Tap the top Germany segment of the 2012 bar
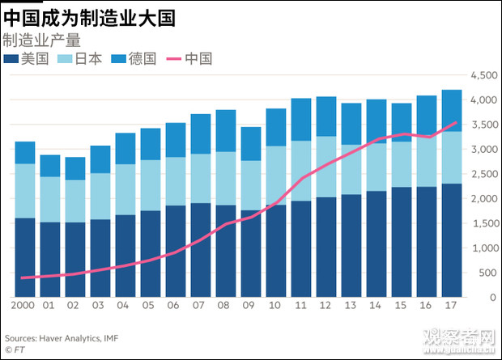[x=326, y=116]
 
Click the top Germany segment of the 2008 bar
[x=226, y=130]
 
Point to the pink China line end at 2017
[x=455, y=123]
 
